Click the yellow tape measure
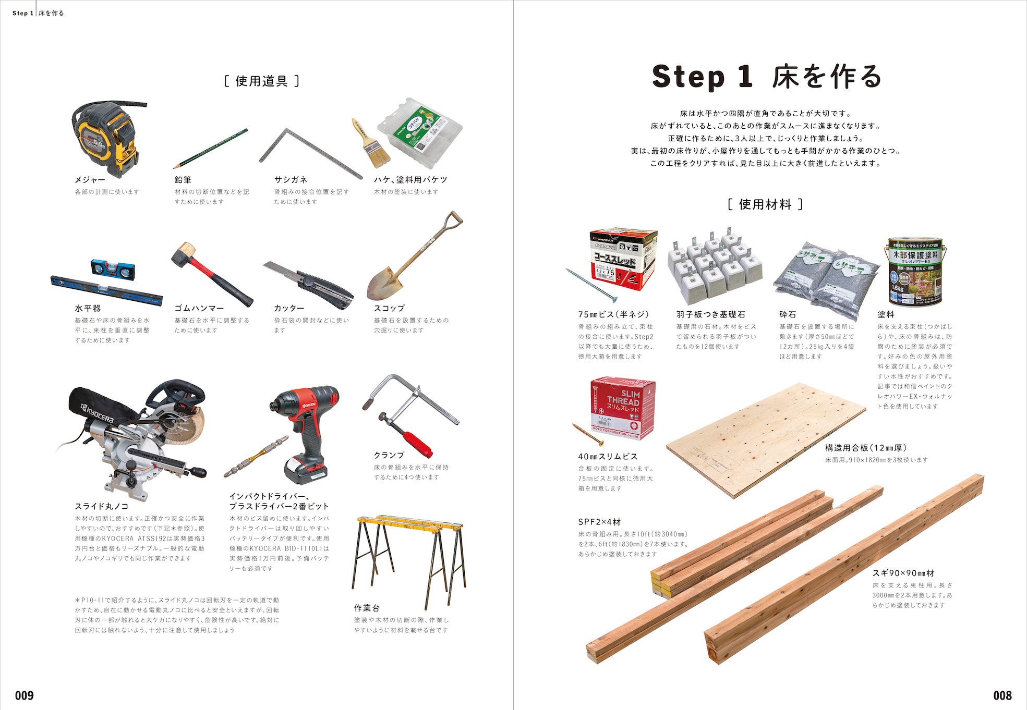click(107, 138)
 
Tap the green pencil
click(211, 148)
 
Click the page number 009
click(25, 695)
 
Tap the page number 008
click(1002, 695)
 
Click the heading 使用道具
click(262, 81)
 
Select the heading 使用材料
click(765, 204)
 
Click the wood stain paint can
click(915, 271)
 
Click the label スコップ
click(389, 308)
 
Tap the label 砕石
click(788, 314)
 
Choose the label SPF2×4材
click(599, 522)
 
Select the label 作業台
click(367, 608)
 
